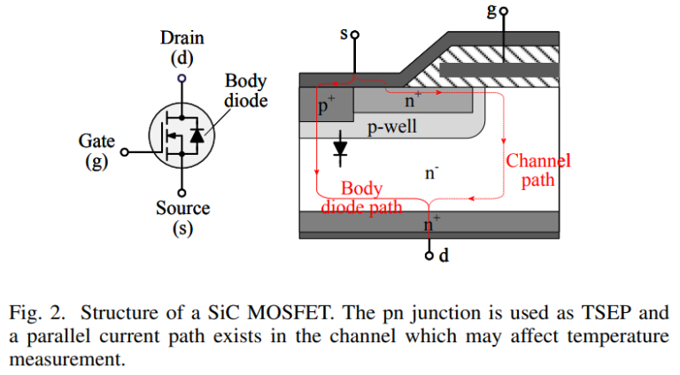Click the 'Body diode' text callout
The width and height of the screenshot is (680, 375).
[245, 90]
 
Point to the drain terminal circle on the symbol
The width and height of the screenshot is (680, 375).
[182, 78]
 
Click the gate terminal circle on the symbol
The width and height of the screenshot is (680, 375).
[125, 152]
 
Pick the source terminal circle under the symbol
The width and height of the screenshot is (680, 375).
[182, 192]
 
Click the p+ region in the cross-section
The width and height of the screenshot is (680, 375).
[326, 106]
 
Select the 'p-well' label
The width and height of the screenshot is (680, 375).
[391, 127]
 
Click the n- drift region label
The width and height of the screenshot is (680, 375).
[431, 172]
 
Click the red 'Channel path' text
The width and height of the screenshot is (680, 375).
[537, 170]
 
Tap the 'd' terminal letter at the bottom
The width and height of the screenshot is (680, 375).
[444, 256]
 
